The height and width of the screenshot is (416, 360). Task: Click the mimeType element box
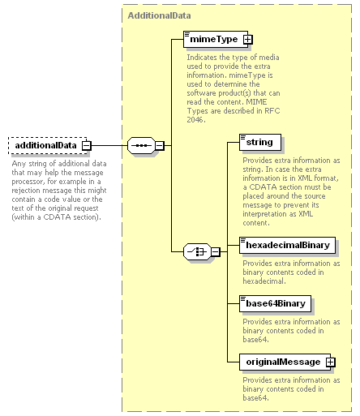pos(216,39)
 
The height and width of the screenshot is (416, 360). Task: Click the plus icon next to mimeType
pos(247,40)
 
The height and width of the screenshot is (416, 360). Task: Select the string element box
pos(260,142)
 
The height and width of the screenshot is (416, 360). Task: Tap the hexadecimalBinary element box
pos(287,245)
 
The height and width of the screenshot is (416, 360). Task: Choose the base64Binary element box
pos(275,303)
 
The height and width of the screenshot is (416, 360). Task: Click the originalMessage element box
pos(285,362)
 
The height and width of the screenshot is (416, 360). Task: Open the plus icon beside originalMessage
pos(331,362)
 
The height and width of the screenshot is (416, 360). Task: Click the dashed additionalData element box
pos(48,145)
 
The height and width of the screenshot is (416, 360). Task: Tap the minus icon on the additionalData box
pos(87,146)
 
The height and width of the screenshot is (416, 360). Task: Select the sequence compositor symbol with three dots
pos(141,145)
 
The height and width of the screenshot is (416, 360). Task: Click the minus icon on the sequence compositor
pos(160,146)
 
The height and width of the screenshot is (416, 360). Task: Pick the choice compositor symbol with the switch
pos(197,251)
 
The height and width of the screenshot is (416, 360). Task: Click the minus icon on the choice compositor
pos(216,252)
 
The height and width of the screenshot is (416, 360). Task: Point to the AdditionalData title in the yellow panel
pos(159,15)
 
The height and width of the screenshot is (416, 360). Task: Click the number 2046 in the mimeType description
pos(196,120)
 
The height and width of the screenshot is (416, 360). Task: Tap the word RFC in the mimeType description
pos(272,111)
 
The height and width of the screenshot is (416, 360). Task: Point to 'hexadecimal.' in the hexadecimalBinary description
pos(264,281)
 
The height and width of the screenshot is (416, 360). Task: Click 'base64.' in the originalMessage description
pos(255,398)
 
